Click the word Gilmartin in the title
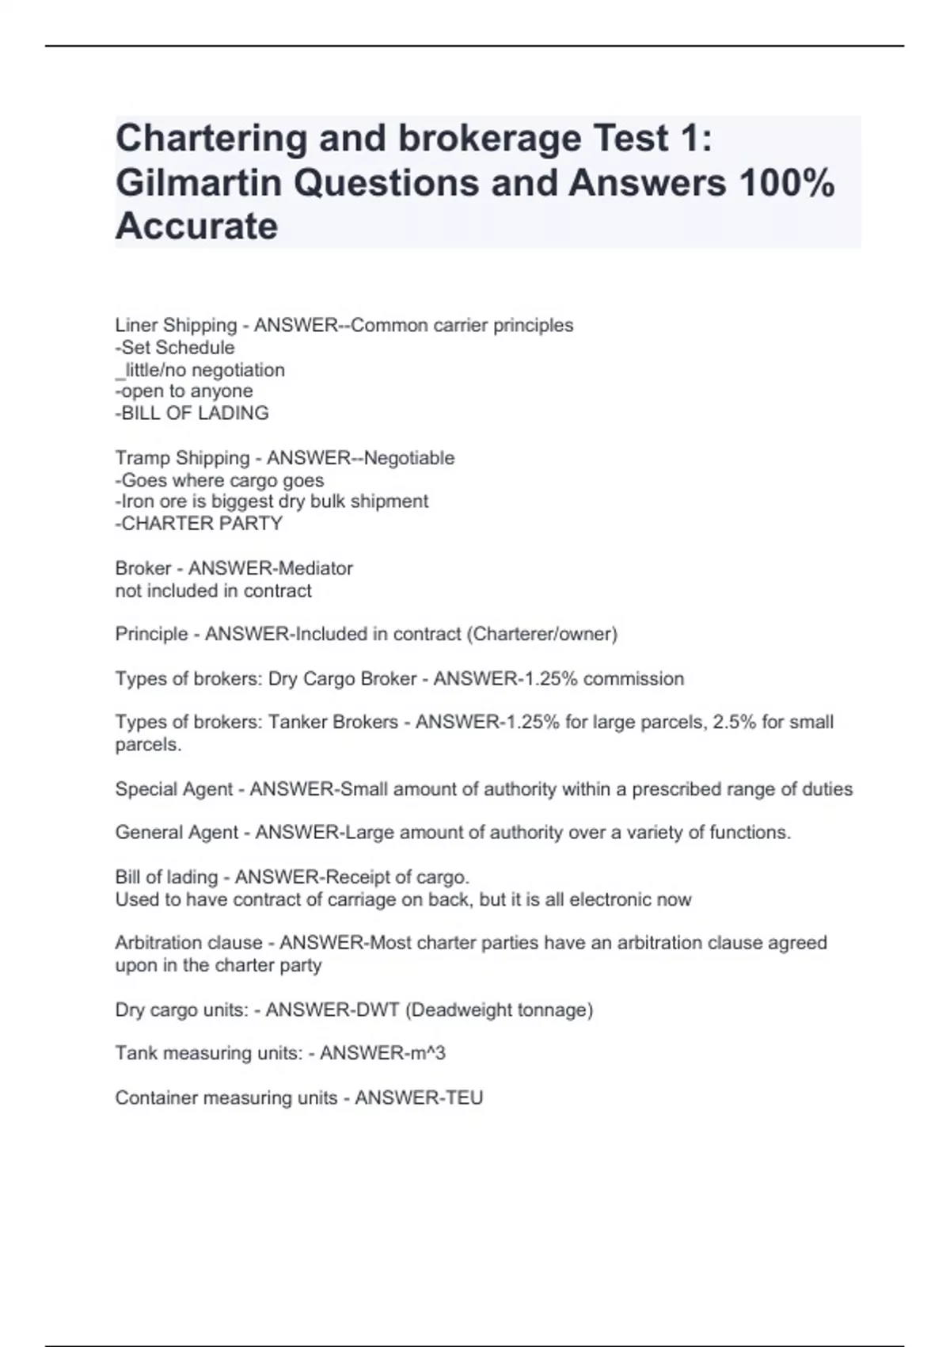tap(199, 183)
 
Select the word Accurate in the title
tap(196, 227)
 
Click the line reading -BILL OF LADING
tap(192, 413)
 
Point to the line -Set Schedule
tap(175, 347)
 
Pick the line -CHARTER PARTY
tap(199, 523)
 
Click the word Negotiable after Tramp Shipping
tap(409, 458)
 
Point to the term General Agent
tap(177, 833)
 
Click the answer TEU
tap(462, 1097)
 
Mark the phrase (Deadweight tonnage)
tap(499, 1009)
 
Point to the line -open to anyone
tap(184, 391)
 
